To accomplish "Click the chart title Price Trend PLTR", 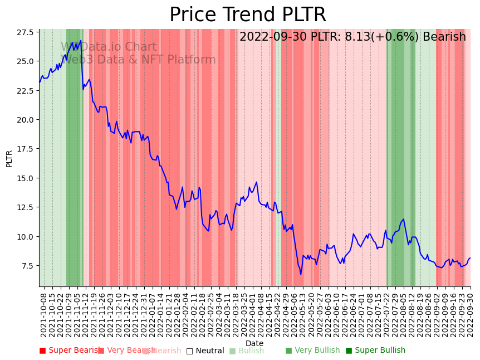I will point(247,15).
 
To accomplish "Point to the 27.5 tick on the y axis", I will point(26,32).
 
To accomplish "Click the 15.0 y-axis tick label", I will point(26,178).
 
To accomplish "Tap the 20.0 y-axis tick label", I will point(26,120).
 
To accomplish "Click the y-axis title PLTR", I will point(9,158).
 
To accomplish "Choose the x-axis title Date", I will point(254,344).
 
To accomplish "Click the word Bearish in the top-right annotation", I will point(444,37).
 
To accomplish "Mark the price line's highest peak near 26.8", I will point(81,40).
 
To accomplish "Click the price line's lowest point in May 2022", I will point(301,274).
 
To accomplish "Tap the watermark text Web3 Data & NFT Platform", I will point(138,60).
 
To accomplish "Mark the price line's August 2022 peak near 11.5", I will point(404,219).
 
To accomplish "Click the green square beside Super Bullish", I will point(349,351).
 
